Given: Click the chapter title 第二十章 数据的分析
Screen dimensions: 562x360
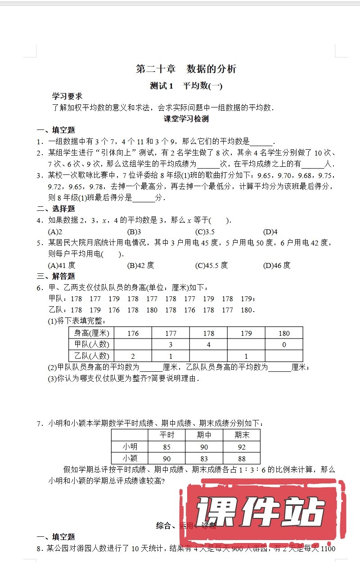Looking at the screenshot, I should pos(186,69).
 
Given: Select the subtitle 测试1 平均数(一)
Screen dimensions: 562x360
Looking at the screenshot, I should pos(186,86).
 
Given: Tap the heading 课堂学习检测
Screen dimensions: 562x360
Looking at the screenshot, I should pos(186,119).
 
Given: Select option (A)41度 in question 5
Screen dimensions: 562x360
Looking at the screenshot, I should pos(62,265).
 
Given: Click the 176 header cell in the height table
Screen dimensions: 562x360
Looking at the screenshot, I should pos(133,333).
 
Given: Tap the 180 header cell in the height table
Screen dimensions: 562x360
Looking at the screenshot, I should pos(284,333).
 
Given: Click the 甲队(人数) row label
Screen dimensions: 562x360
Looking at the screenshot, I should pos(91,344).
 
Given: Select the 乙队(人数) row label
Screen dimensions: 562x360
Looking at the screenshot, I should pos(91,356).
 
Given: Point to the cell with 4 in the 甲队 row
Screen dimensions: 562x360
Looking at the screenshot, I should pos(208,344).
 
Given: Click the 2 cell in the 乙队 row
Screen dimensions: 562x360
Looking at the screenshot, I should pos(133,356).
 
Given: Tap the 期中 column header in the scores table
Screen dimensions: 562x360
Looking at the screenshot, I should pos(204,435).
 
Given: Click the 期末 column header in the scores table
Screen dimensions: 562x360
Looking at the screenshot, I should pos(242,435).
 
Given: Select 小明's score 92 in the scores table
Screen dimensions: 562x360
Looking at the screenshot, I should pos(242,447).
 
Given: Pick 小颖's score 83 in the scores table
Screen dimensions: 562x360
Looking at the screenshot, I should pos(204,459).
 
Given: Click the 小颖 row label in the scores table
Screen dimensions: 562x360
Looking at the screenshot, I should pos(130,459).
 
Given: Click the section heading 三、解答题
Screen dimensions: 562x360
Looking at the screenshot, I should pos(56,276).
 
